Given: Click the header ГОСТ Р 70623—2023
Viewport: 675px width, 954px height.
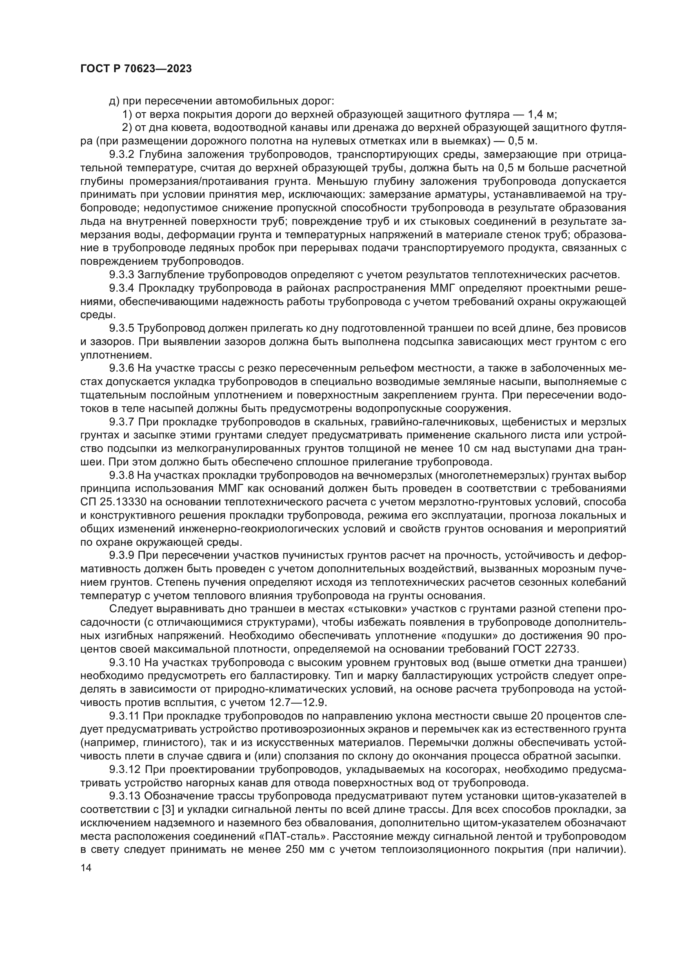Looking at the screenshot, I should click(135, 69).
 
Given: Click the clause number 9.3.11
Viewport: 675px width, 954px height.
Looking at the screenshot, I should click(124, 716).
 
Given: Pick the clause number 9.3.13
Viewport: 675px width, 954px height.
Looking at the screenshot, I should click(124, 796).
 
